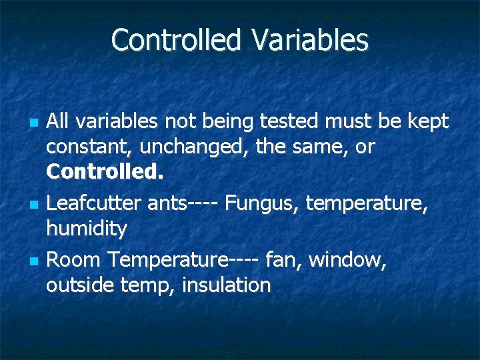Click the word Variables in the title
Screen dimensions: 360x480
click(309, 40)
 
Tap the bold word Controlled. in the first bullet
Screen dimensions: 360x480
click(105, 172)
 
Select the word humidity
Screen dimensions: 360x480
click(87, 229)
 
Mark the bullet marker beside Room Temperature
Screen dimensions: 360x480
click(31, 260)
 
